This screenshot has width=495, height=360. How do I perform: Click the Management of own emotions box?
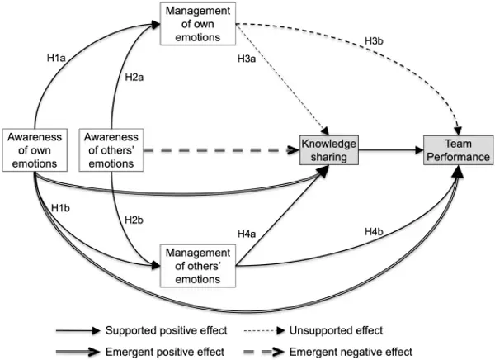point(198,22)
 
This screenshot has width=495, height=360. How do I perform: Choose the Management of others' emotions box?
point(198,264)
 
